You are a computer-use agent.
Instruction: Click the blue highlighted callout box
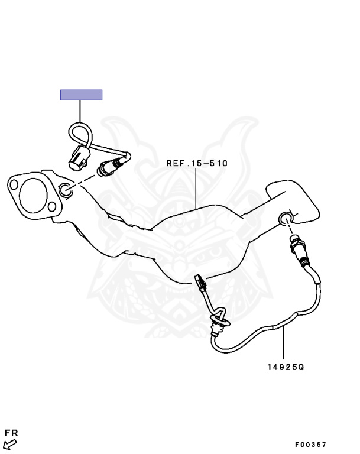[81, 95]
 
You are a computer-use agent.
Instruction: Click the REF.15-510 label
[197, 163]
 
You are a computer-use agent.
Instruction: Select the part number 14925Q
[286, 367]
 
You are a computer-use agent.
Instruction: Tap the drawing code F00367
[310, 445]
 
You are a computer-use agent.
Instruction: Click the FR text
[12, 433]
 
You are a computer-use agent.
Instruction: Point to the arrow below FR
[11, 445]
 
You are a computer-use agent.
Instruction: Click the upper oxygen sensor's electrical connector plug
[78, 158]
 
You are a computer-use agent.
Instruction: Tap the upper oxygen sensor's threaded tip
[102, 170]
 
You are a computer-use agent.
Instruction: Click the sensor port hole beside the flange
[66, 190]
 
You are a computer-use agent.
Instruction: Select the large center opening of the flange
[33, 196]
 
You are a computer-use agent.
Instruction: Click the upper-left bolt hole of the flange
[14, 185]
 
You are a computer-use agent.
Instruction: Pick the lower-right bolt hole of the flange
[52, 207]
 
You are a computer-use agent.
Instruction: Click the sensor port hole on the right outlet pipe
[285, 219]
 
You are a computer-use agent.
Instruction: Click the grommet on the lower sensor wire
[219, 322]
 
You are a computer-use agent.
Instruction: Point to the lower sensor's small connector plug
[200, 282]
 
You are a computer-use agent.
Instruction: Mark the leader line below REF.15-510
[196, 189]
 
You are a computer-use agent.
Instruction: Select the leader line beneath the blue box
[80, 111]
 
